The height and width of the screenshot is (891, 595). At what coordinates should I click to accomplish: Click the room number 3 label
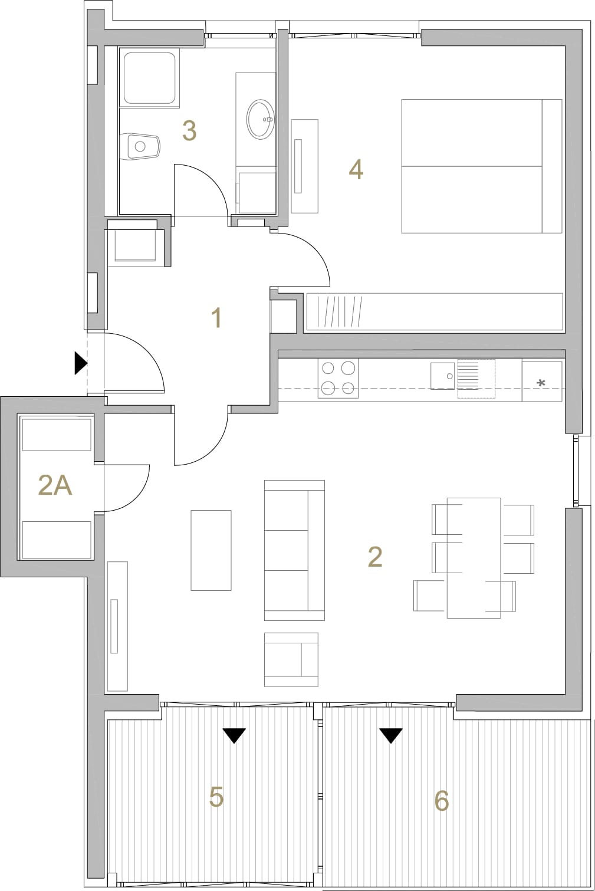tap(189, 131)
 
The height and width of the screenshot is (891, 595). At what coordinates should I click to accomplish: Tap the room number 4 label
tap(356, 170)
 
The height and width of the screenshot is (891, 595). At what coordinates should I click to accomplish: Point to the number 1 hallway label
tap(216, 318)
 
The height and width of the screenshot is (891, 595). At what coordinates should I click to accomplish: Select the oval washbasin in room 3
tap(261, 119)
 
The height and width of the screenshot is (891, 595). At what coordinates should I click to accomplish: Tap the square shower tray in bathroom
tap(150, 78)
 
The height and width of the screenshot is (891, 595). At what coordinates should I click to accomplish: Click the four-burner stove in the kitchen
tap(338, 379)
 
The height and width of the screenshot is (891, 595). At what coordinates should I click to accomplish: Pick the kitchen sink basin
tap(442, 376)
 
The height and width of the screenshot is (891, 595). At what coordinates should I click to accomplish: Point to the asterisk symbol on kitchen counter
tap(541, 383)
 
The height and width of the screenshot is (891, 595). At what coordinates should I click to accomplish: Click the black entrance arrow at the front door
tap(81, 363)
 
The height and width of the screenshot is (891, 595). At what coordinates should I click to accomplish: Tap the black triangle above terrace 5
tap(234, 735)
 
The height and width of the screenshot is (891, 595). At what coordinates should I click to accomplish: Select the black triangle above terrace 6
tap(391, 735)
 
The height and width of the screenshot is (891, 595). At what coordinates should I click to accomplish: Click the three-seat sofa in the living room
tap(294, 550)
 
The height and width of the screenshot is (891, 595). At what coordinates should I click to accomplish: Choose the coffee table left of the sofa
tap(211, 550)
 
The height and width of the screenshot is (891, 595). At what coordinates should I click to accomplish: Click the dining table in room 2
tap(474, 558)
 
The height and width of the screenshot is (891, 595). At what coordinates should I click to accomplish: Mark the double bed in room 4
tap(482, 166)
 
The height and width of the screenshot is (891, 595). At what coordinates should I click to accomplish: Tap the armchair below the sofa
tap(291, 659)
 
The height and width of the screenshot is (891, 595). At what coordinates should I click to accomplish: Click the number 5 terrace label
tap(216, 797)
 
